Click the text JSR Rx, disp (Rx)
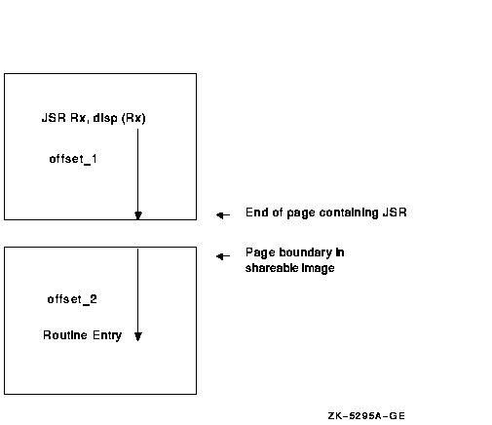coord(94,118)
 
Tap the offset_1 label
coord(73,159)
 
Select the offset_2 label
coord(72,299)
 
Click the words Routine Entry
coord(83,335)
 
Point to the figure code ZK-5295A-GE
coord(366,416)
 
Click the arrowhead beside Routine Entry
coord(138,336)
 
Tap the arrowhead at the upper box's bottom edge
coord(138,215)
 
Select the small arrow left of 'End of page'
coord(223,214)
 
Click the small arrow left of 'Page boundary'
coord(223,256)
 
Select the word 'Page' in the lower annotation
coord(260,252)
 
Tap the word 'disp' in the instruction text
coord(105,118)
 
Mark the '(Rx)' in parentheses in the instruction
coord(133,118)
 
